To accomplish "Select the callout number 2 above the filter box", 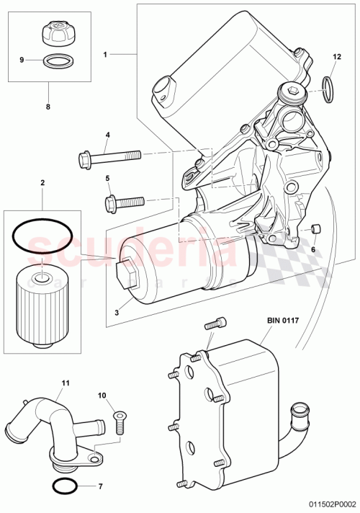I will pos(42,184).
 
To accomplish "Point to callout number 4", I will pos(107,135).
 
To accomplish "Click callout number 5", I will pos(107,178).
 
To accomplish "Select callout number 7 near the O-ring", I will pos(100,467).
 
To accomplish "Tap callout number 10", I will pos(102,395).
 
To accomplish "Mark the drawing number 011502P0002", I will pos(328,506).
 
